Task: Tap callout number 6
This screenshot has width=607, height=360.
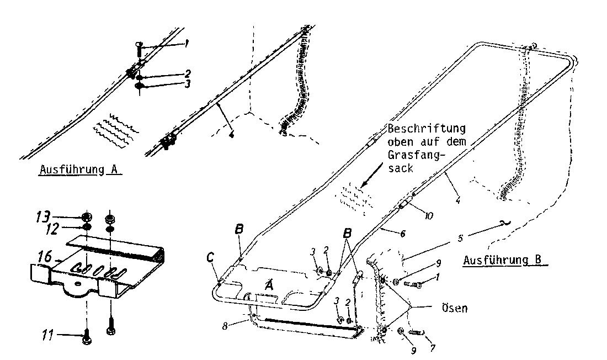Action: pos(403,234)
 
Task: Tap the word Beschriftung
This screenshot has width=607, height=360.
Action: pos(427,129)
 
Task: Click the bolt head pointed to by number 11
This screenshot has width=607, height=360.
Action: pos(87,342)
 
